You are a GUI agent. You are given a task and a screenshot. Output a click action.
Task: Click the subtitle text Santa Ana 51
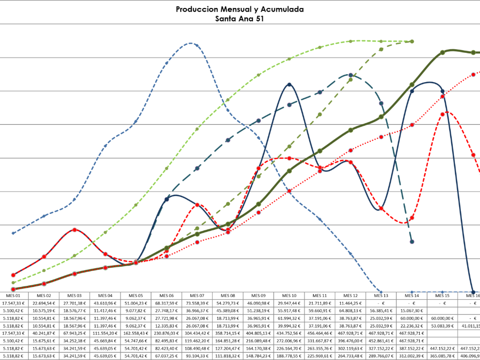pos(239,18)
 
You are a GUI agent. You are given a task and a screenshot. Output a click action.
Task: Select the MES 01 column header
pos(14,295)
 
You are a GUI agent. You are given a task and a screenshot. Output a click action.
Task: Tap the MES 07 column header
pos(197,295)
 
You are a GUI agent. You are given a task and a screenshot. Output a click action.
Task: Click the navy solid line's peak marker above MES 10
pos(289,84)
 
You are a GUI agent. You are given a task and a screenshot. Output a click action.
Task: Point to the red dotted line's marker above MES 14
pos(412,124)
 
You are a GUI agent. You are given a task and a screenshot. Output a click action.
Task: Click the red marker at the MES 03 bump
pos(75,229)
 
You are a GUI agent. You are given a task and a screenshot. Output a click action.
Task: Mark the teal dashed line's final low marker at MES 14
pos(412,242)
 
